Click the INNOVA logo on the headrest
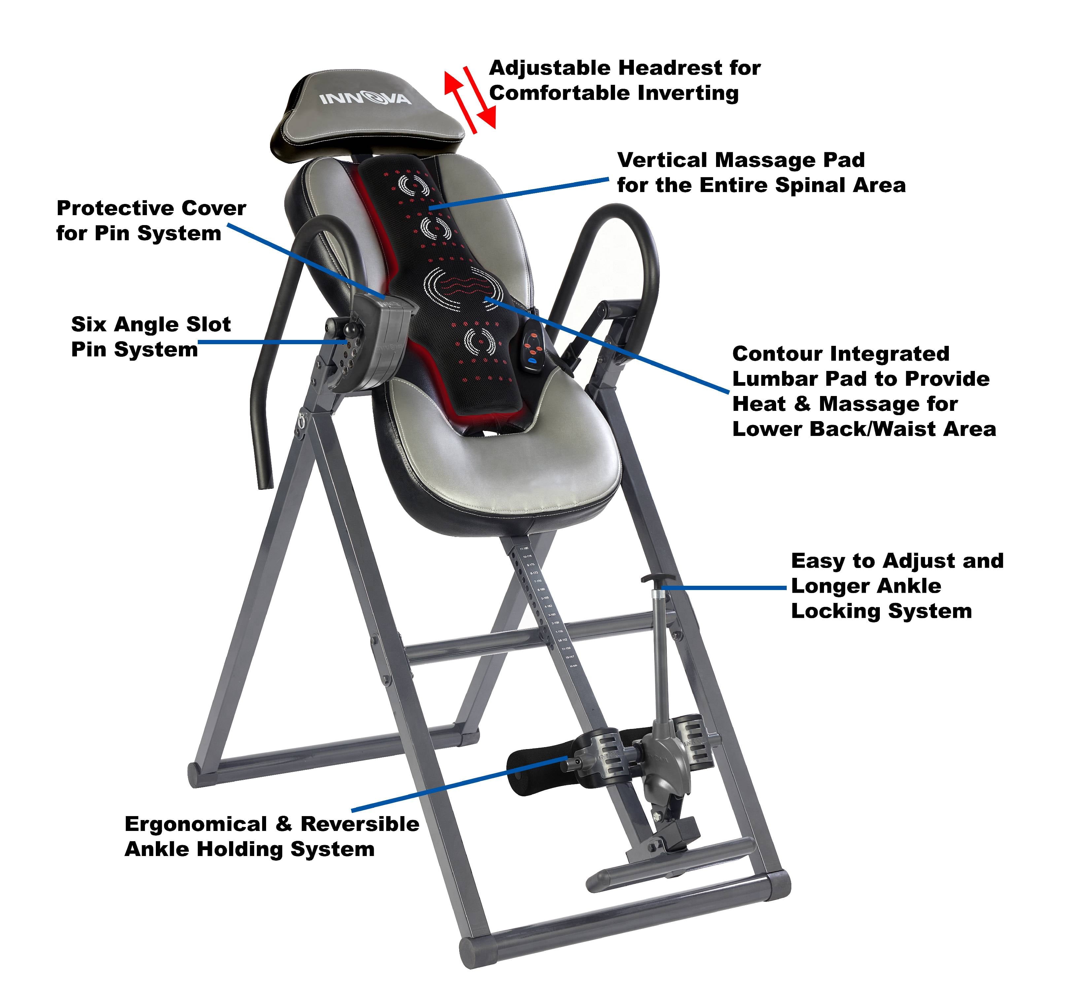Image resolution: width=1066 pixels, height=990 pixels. (x=365, y=99)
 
